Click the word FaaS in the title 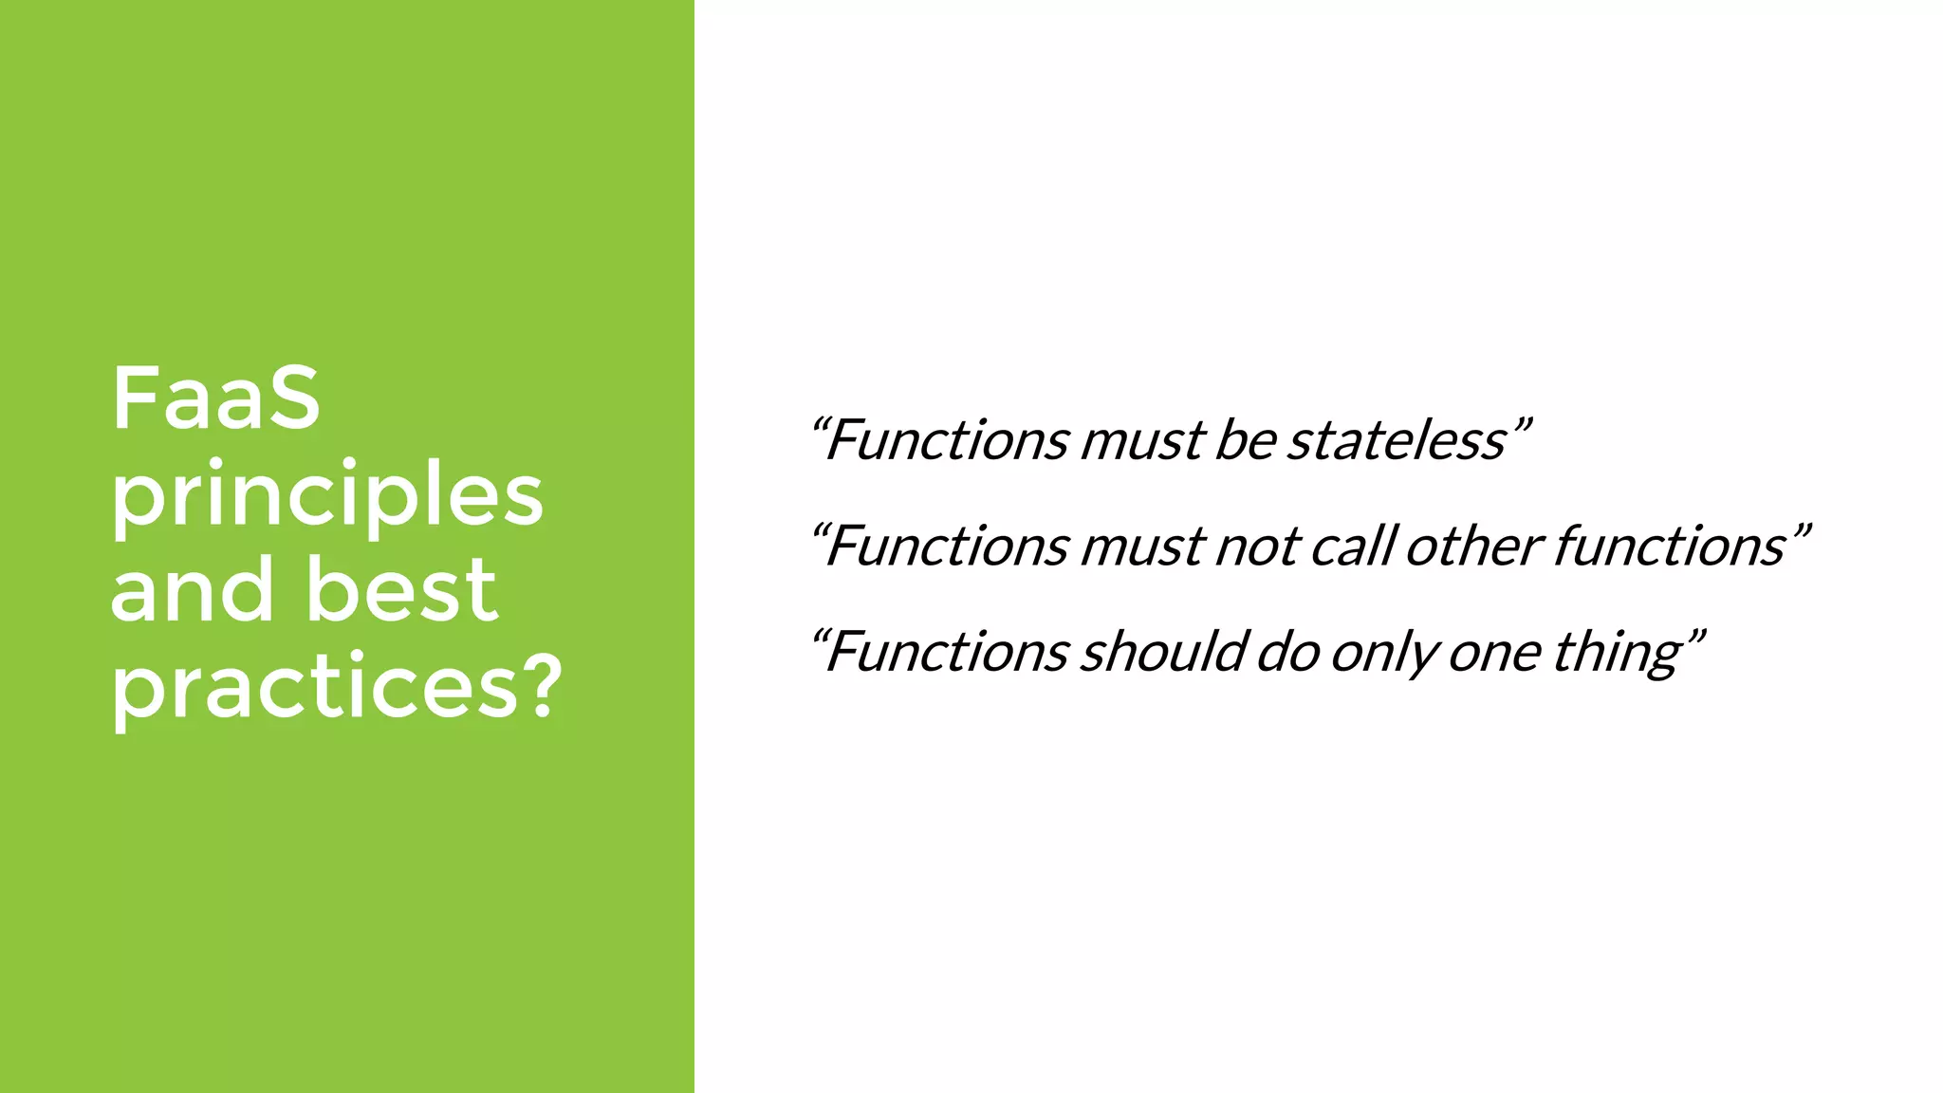[216, 398]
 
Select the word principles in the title [327, 496]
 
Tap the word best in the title [402, 590]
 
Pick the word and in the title [194, 590]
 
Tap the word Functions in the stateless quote [948, 440]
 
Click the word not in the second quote [1257, 546]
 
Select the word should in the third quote [1163, 653]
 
